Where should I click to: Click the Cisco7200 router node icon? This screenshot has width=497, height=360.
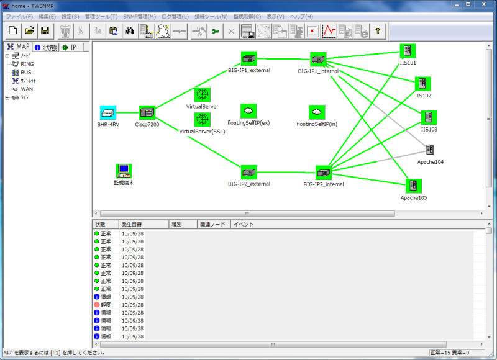pyautogui.click(x=147, y=113)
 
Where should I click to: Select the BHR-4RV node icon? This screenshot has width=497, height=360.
pyautogui.click(x=108, y=113)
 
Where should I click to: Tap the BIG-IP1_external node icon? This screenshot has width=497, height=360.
pyautogui.click(x=249, y=59)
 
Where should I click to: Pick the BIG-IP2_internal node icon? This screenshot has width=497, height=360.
pyautogui.click(x=324, y=173)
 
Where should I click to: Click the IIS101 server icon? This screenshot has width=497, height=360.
pyautogui.click(x=408, y=52)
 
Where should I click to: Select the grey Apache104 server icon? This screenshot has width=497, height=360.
pyautogui.click(x=430, y=150)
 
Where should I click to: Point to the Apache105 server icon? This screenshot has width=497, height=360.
pyautogui.click(x=414, y=186)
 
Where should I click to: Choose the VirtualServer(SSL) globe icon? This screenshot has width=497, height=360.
pyautogui.click(x=202, y=119)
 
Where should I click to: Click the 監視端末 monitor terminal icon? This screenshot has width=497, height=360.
pyautogui.click(x=124, y=171)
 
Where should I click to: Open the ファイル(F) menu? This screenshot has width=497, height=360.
pyautogui.click(x=19, y=16)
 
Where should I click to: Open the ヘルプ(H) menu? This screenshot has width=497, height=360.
pyautogui.click(x=301, y=16)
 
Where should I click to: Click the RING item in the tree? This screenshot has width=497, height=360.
pyautogui.click(x=27, y=64)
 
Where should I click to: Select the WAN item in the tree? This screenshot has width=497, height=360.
pyautogui.click(x=27, y=89)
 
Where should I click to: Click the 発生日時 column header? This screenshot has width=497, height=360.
pyautogui.click(x=132, y=224)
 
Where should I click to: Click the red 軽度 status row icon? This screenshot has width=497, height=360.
pyautogui.click(x=97, y=305)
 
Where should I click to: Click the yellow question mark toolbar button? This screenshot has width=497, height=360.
pyautogui.click(x=376, y=30)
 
